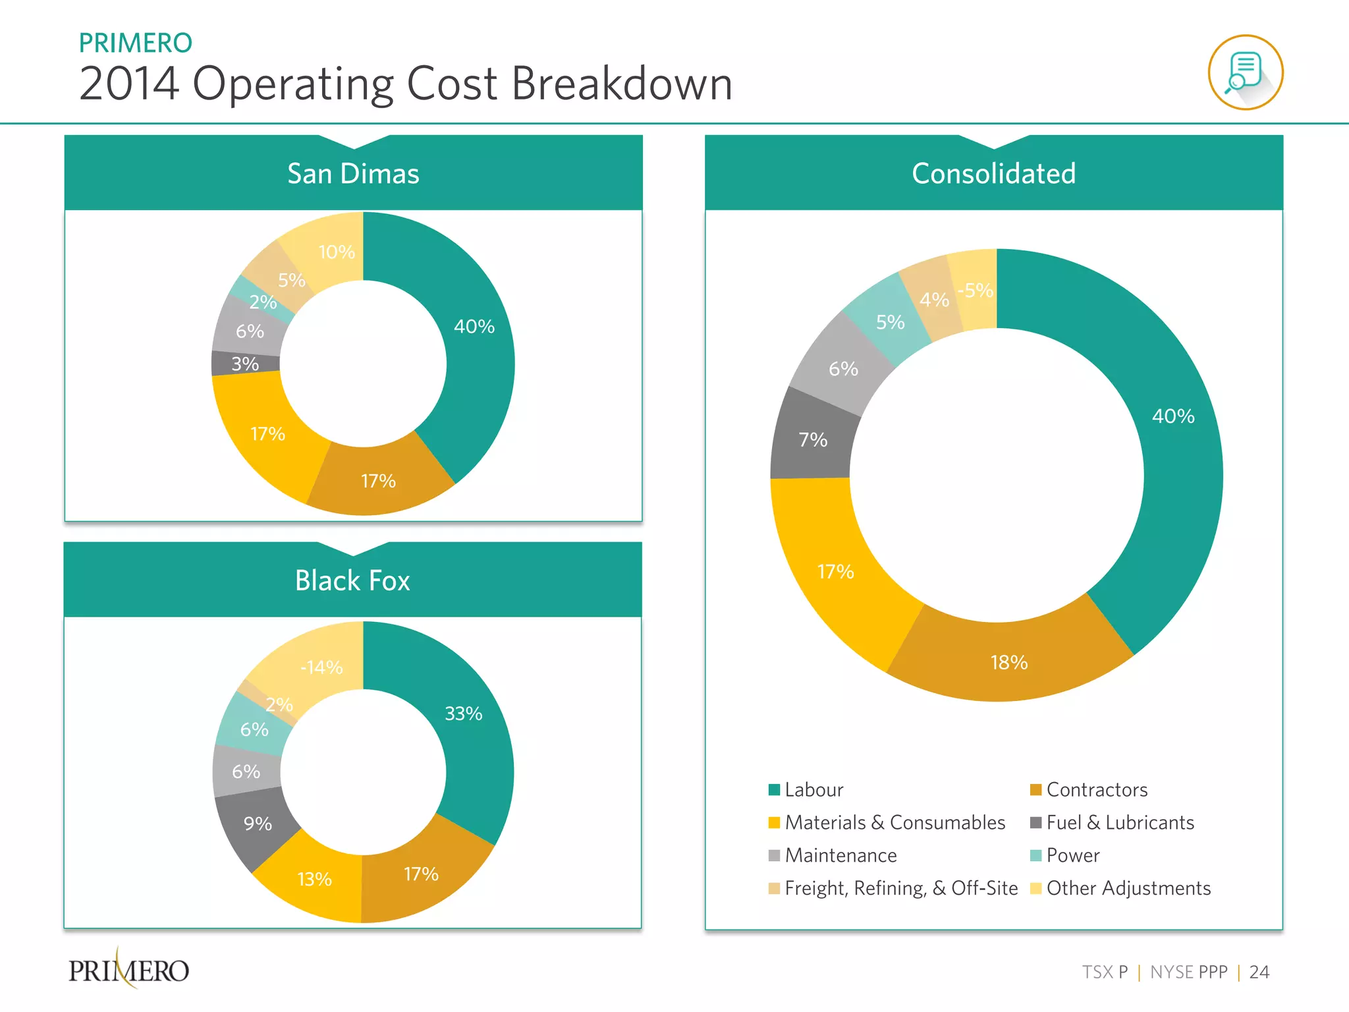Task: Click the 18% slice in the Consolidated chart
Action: [x=1009, y=661]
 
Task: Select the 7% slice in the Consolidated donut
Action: [x=813, y=439]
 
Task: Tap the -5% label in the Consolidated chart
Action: [x=976, y=290]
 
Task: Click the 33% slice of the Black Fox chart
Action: [x=464, y=714]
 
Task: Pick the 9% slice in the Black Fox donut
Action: [x=257, y=824]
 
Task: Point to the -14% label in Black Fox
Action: [x=321, y=667]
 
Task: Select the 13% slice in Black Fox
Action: [x=314, y=879]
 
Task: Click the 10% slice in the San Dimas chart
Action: [x=336, y=252]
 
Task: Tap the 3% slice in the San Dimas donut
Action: [x=245, y=363]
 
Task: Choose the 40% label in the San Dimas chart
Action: [x=474, y=326]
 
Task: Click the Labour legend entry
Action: [x=813, y=789]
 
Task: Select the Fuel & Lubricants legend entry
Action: [x=1120, y=822]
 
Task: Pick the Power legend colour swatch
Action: [x=1035, y=855]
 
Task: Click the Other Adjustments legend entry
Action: [x=1128, y=888]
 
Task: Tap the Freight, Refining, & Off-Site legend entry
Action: [x=900, y=888]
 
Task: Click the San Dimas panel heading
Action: [x=353, y=174]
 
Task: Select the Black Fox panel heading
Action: [x=352, y=580]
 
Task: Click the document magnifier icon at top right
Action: [x=1245, y=72]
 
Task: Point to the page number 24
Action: [x=1259, y=972]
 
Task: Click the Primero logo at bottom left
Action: [x=129, y=970]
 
